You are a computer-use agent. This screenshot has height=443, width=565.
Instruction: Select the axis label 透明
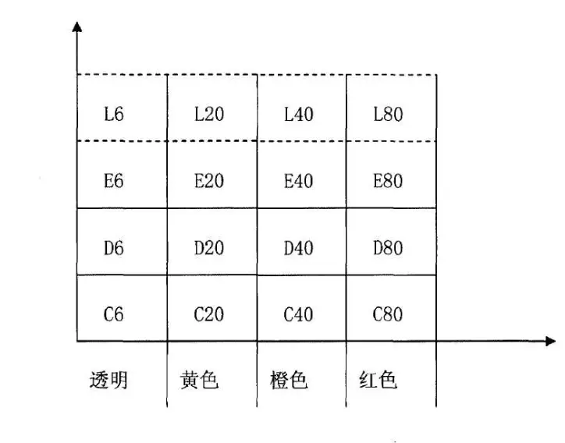click(x=108, y=380)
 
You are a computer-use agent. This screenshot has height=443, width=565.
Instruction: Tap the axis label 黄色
click(x=199, y=380)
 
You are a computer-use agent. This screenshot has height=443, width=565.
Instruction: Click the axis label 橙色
click(x=289, y=380)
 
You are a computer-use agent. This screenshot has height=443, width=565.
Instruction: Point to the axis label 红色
click(x=378, y=380)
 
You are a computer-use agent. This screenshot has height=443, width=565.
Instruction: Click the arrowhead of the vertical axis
click(x=76, y=28)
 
